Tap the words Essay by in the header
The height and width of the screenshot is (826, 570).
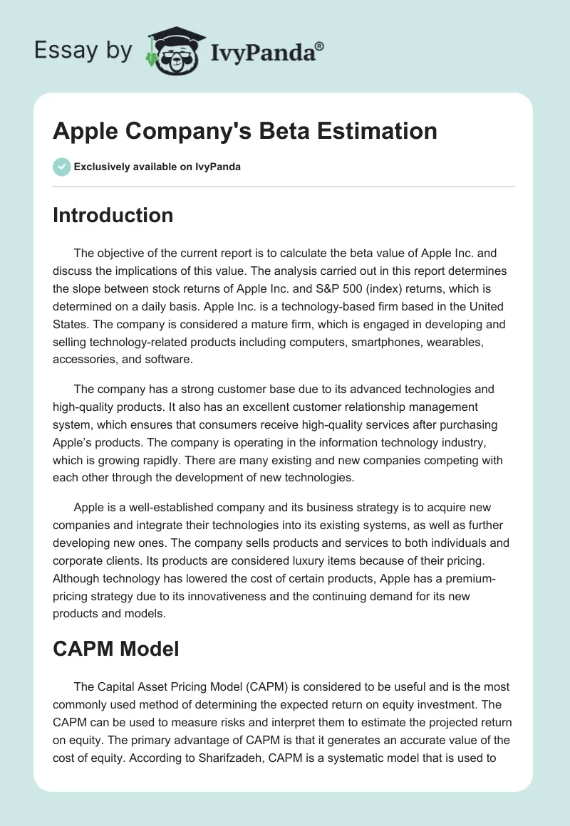coord(83,50)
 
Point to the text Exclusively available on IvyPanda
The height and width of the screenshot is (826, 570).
coord(157,167)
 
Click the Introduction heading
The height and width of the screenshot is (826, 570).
coord(113,215)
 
